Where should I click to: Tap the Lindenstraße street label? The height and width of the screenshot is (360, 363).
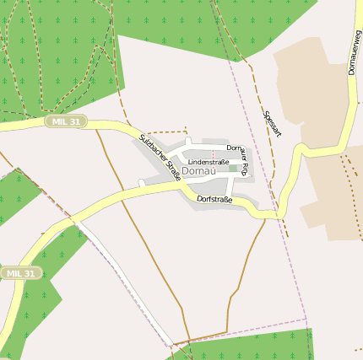coord(209,161)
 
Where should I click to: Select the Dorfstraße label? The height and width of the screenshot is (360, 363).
coord(214,200)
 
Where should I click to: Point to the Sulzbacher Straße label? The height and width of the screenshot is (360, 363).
coord(160,158)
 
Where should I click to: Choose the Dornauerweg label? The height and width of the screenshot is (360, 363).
coord(355,52)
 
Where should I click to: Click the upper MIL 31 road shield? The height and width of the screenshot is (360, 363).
coord(67,121)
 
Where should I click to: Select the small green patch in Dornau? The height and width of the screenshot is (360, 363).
coord(233,169)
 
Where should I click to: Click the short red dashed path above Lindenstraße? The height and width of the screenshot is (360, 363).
coord(213,153)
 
